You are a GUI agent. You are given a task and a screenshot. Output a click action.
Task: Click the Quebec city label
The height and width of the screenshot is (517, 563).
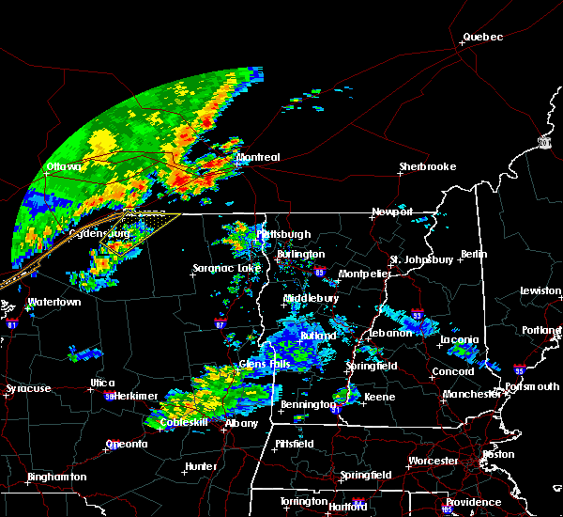482,38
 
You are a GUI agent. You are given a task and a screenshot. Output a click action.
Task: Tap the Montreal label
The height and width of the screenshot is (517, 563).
258,157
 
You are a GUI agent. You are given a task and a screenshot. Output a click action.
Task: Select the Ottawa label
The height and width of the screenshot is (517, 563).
64,168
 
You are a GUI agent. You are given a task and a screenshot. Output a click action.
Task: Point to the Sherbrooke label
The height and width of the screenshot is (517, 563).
427,166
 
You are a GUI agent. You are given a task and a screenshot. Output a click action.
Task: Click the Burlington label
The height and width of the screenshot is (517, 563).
300,254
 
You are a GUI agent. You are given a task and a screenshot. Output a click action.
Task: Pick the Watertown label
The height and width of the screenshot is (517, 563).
53,303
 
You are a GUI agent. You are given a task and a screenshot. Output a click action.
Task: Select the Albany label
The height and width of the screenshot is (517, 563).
242,424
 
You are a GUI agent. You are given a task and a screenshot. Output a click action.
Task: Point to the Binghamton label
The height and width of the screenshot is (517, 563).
56,477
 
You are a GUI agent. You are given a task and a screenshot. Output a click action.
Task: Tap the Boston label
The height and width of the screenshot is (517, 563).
498,454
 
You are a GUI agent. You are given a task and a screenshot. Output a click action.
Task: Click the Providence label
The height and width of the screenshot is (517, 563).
474,502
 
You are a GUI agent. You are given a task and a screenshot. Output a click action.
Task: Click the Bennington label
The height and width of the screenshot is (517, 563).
307,405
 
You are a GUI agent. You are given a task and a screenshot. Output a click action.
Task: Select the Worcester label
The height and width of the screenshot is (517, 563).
433,461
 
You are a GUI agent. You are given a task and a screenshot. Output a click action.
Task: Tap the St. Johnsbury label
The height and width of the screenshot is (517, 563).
422,258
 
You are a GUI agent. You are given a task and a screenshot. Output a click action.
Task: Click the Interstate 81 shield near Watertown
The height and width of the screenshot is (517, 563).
12,324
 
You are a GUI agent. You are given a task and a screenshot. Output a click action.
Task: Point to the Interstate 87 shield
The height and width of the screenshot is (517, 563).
221,324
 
